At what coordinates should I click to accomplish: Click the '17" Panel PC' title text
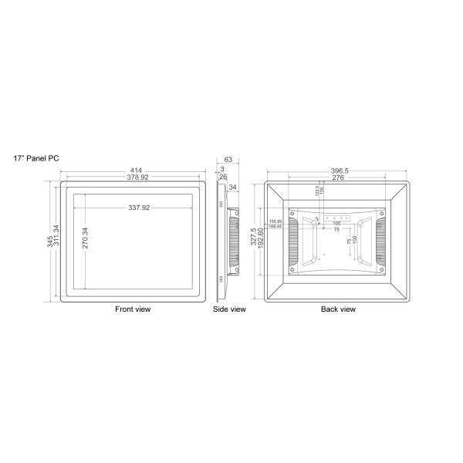pyautogui.click(x=36, y=157)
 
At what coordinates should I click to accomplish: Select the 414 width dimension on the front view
pyautogui.click(x=135, y=171)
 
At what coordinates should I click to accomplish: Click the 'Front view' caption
pyautogui.click(x=133, y=309)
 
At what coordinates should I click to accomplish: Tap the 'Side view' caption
pyautogui.click(x=229, y=309)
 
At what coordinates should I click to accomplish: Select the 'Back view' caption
pyautogui.click(x=338, y=309)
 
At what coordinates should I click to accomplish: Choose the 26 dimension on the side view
pyautogui.click(x=222, y=177)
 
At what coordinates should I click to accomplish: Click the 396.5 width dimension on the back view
pyautogui.click(x=338, y=171)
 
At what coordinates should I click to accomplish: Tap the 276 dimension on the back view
pyautogui.click(x=338, y=177)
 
